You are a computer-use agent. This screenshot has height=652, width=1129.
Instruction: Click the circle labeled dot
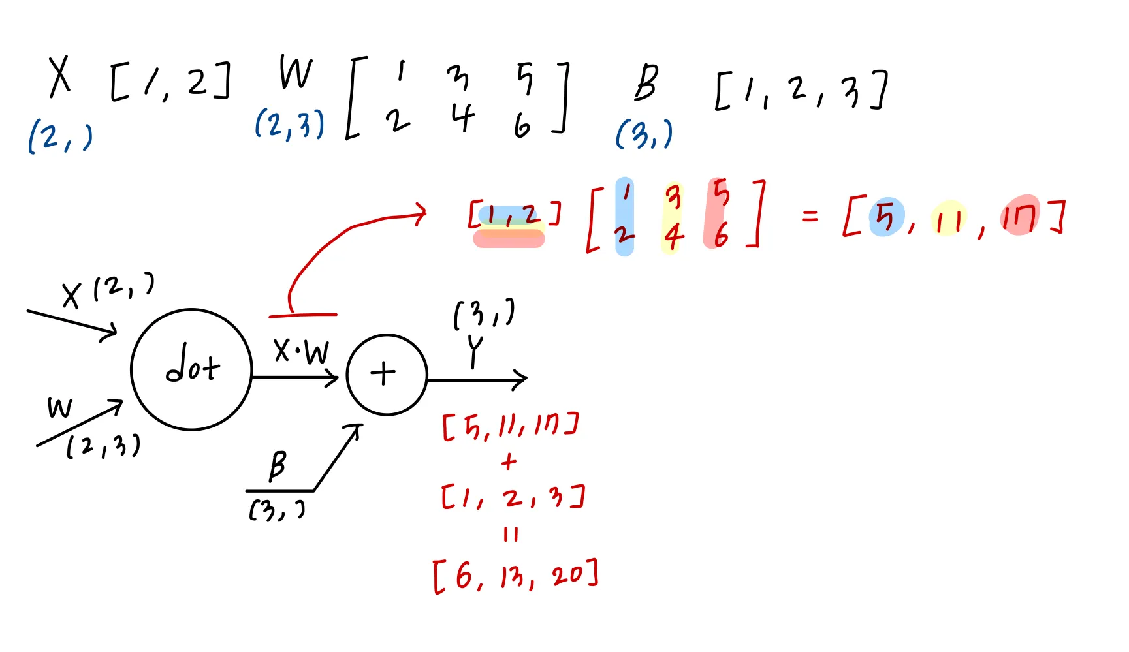tap(191, 369)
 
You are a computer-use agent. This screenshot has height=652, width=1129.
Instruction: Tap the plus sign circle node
tap(386, 375)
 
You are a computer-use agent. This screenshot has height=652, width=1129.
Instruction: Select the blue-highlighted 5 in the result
tap(885, 217)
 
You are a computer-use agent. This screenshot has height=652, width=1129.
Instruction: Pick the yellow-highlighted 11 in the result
tap(948, 220)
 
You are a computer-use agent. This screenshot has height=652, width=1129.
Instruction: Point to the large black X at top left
tap(59, 77)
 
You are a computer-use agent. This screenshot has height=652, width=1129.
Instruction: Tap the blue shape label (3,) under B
tap(644, 134)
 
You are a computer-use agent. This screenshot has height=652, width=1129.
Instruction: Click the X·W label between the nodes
tap(301, 352)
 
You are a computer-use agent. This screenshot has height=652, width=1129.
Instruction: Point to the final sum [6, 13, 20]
tap(515, 575)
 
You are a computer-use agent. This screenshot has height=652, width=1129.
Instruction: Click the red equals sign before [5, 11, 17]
tap(809, 215)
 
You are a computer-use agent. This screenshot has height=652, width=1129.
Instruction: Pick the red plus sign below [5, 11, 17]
tap(509, 462)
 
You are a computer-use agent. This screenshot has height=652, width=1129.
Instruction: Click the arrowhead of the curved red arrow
tap(421, 212)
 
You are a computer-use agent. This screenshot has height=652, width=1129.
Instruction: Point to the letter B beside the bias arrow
tap(278, 465)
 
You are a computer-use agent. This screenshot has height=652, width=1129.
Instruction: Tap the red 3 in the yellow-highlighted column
tap(673, 197)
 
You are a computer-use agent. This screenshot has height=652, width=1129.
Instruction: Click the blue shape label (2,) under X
tap(60, 138)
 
